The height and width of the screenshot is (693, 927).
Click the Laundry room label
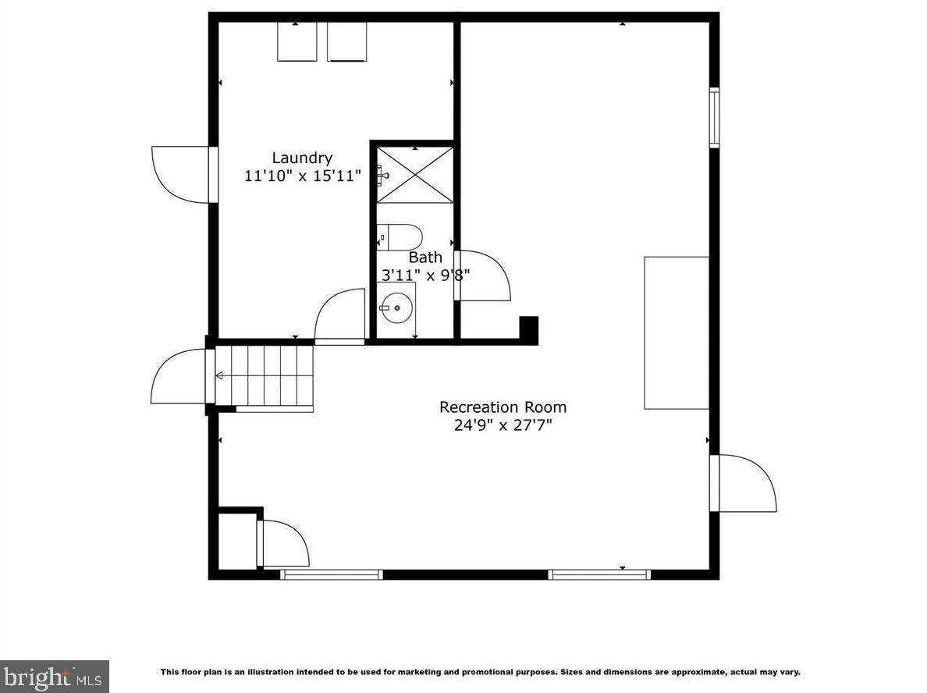pyautogui.click(x=302, y=158)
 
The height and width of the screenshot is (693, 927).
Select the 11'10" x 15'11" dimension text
pyautogui.click(x=302, y=176)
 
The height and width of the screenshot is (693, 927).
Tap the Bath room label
pyautogui.click(x=425, y=258)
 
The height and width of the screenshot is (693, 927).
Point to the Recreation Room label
pyautogui.click(x=503, y=407)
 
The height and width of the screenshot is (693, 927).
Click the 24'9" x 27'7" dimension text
pyautogui.click(x=503, y=425)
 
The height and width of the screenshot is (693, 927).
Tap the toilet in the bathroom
pyautogui.click(x=400, y=237)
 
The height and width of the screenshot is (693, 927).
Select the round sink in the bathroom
pyautogui.click(x=396, y=307)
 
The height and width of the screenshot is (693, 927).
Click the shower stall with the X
pyautogui.click(x=415, y=175)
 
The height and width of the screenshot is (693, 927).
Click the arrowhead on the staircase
pyautogui.click(x=218, y=375)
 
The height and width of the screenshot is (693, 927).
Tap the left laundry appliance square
pyautogui.click(x=297, y=41)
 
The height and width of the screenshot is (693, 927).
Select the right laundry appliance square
pyautogui.click(x=346, y=41)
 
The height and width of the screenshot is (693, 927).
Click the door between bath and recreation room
pyautogui.click(x=482, y=275)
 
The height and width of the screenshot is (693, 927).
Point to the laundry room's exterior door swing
pyautogui.click(x=183, y=175)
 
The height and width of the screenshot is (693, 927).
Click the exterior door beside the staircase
pyautogui.click(x=180, y=376)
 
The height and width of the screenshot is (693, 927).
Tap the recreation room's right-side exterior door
pyautogui.click(x=743, y=483)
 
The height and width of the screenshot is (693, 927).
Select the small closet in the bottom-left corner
pyautogui.click(x=237, y=541)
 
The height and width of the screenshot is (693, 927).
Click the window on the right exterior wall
pyautogui.click(x=715, y=117)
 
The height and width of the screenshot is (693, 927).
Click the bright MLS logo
pyautogui.click(x=55, y=677)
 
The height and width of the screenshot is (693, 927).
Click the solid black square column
pyautogui.click(x=528, y=329)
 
